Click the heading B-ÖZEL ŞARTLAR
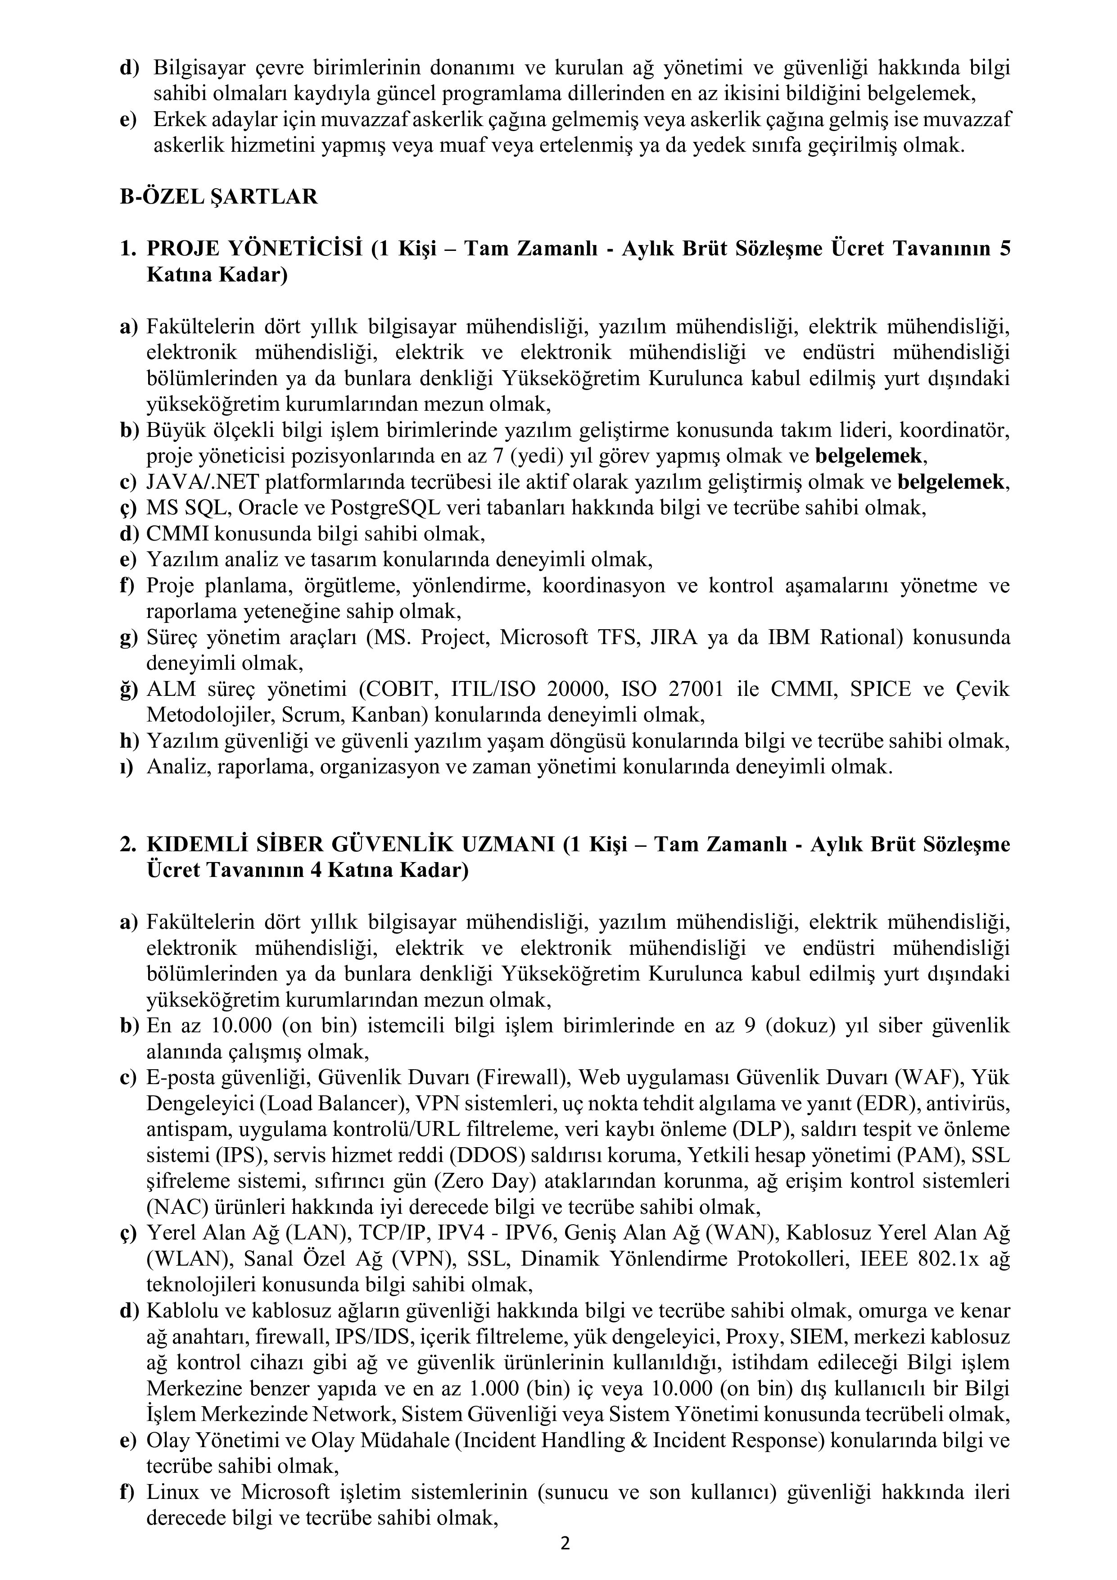coord(219,197)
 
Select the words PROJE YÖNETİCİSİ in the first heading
coord(254,249)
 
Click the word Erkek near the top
coord(174,119)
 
